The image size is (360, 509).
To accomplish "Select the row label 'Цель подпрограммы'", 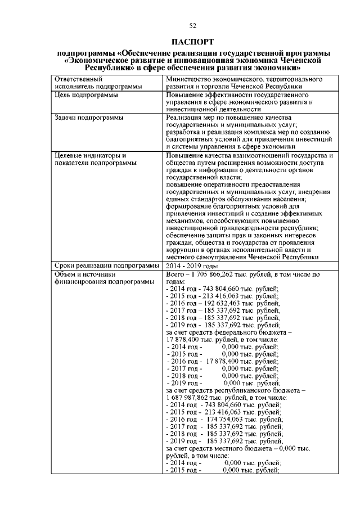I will click(86, 96).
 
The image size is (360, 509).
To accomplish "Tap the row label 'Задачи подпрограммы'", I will click(89, 118).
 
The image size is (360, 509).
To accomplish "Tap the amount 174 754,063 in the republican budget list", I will click(229, 420).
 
